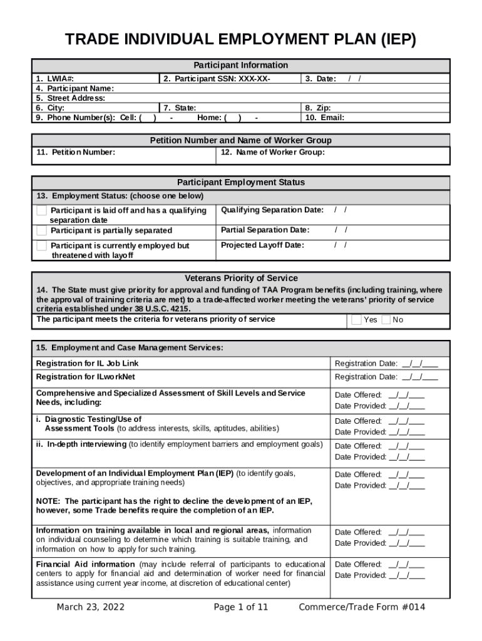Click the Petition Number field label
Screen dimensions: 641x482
[75, 152]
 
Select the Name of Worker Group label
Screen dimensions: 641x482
[273, 152]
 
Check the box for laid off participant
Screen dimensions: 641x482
[41, 210]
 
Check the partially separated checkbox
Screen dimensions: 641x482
[41, 230]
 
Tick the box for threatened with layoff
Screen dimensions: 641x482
[41, 245]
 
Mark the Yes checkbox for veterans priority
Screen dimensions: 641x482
[356, 320]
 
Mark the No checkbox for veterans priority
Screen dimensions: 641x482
[386, 320]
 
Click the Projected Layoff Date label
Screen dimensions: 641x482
[262, 245]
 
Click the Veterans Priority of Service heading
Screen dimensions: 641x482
[241, 278]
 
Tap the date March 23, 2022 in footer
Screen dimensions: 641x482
[90, 607]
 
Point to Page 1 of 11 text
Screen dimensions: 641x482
[240, 607]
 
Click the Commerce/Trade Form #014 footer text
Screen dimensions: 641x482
[362, 607]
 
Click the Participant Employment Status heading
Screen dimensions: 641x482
[241, 182]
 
